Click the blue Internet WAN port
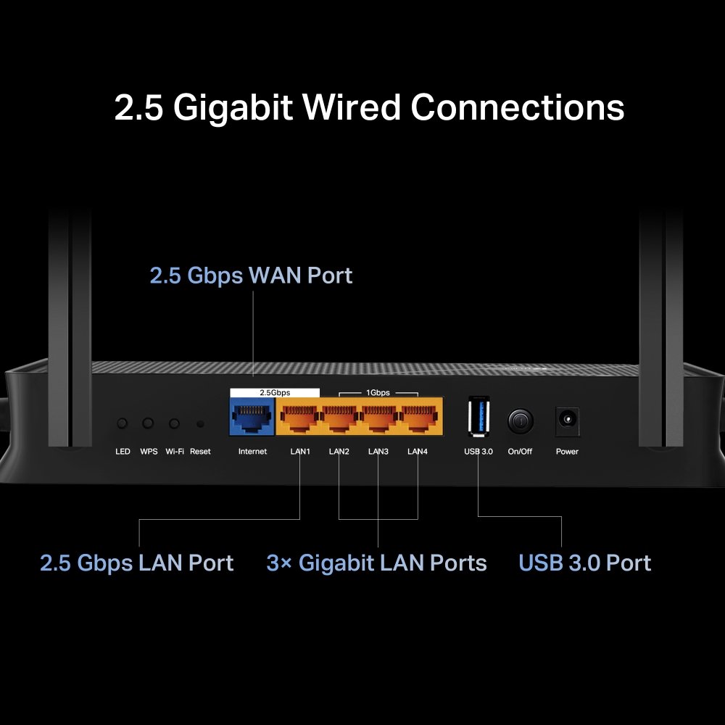coord(252,418)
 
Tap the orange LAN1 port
coord(299,418)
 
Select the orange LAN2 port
coord(339,418)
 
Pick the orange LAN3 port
coord(378,418)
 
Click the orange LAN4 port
coord(417,418)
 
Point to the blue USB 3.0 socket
coord(478,416)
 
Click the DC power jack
coord(567,420)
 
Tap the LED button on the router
coord(123,423)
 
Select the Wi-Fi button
coord(174,423)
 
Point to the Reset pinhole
coord(200,423)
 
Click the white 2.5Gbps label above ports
coord(275,392)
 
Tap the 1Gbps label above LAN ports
coord(378,392)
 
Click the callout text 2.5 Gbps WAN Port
coord(251,275)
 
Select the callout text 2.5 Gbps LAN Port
coord(136,563)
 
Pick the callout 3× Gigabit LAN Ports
coord(376,563)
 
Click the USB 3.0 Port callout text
coord(584,563)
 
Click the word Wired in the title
coord(351,107)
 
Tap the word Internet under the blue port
coord(252,452)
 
